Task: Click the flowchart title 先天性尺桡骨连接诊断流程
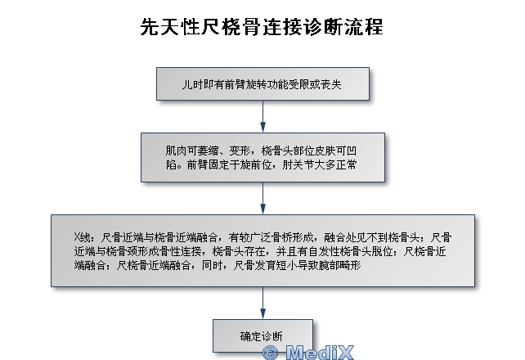pos(262,27)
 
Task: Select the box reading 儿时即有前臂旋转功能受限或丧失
pos(262,83)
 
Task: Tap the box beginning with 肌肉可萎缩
pos(262,157)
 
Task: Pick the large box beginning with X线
pos(262,251)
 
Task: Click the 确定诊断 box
pos(262,335)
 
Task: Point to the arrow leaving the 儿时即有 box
pos(262,116)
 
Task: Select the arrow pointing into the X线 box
pos(262,198)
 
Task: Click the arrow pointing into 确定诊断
pos(262,303)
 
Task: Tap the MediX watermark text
pos(320,353)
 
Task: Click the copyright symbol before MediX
pos(270,353)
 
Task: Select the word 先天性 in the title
pos(170,27)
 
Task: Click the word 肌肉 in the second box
pos(176,151)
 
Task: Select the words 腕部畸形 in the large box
pos(339,265)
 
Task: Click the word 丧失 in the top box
pos(331,84)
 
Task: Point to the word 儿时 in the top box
pos(192,84)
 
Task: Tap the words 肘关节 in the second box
pos(298,164)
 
